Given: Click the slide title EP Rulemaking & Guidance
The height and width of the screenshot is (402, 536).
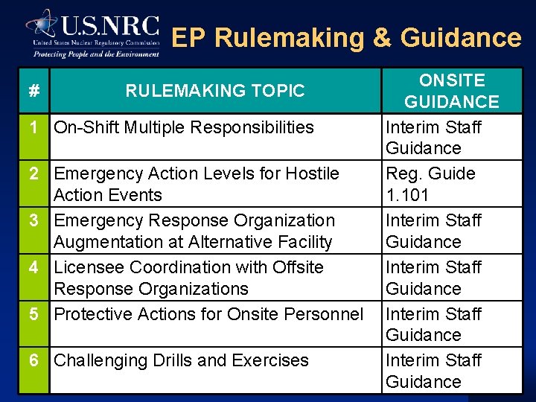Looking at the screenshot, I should click(x=347, y=37).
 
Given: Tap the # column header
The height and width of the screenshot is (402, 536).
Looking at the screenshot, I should click(x=33, y=91).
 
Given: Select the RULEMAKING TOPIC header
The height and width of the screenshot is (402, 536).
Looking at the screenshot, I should click(x=215, y=91).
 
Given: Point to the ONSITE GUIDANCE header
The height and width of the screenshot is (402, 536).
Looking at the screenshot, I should click(x=451, y=91).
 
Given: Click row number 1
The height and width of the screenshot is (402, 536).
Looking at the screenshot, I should click(x=33, y=127).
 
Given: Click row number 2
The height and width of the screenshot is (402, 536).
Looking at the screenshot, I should click(x=33, y=174).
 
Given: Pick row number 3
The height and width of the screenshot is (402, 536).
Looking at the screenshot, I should click(x=33, y=221).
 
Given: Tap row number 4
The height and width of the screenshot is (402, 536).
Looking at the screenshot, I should click(x=33, y=267).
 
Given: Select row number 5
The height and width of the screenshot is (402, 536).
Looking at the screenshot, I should click(x=33, y=314).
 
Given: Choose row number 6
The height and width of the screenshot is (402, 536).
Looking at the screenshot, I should click(x=33, y=360).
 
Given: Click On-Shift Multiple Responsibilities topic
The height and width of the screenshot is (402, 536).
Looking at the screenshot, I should click(x=184, y=127).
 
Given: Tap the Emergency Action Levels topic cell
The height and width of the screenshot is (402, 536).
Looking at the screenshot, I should click(x=197, y=184).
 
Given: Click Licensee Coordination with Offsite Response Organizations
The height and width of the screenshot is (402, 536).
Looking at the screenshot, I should click(x=189, y=278).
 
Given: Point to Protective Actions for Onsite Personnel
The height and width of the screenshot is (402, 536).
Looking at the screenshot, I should click(x=208, y=314).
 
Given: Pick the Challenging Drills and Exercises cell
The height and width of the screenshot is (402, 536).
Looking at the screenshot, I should click(x=182, y=360).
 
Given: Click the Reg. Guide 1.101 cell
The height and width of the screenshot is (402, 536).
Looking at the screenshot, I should click(x=430, y=184).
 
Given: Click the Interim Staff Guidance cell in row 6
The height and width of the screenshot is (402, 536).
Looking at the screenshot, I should click(x=433, y=371).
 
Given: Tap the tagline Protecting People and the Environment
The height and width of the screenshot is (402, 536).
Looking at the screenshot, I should click(x=96, y=54).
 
